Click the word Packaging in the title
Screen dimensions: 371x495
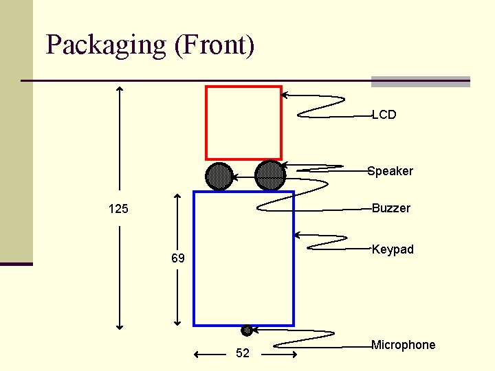106,45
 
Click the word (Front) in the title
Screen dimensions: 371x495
214,45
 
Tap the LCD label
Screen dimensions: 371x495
384,115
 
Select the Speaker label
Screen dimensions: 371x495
390,171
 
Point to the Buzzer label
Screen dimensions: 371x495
391,208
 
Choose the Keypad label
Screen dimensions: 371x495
393,249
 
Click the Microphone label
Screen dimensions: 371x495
404,345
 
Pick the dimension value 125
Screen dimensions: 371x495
118,209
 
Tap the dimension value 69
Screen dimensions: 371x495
178,259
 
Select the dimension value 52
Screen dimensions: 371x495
243,354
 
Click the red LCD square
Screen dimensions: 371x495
244,123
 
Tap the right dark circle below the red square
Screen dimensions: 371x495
269,175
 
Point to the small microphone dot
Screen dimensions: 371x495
247,330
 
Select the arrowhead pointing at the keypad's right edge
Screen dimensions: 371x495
298,236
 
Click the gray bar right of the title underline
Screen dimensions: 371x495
421,82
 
